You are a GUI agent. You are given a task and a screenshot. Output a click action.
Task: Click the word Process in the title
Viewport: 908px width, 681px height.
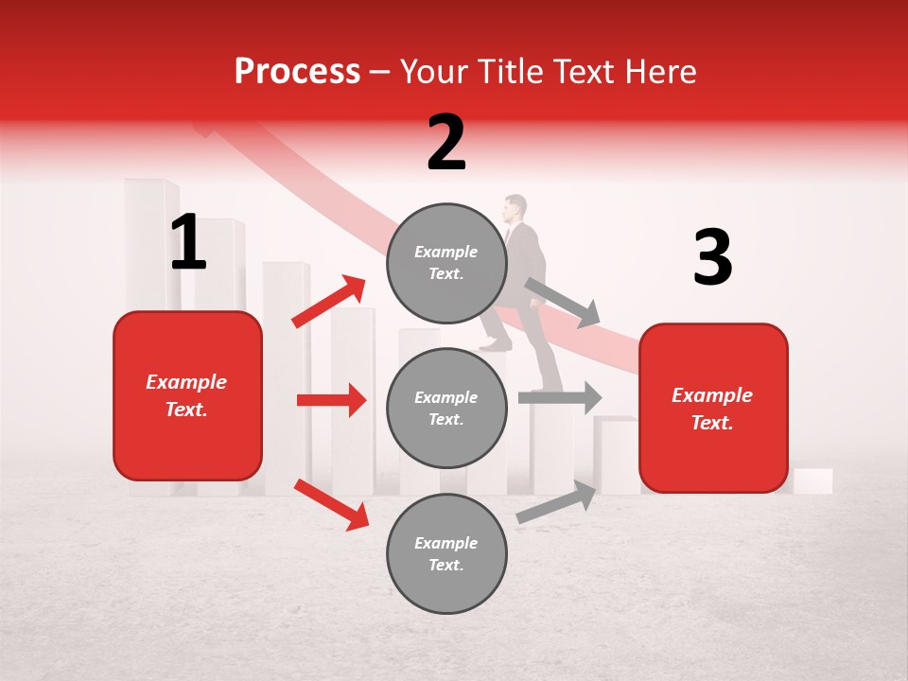click(x=297, y=72)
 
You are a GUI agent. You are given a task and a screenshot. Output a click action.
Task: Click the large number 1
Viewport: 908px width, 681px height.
click(x=189, y=243)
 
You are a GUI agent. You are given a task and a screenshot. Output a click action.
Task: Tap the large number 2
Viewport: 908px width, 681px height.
click(x=446, y=143)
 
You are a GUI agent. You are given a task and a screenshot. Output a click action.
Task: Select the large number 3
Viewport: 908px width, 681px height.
click(x=712, y=258)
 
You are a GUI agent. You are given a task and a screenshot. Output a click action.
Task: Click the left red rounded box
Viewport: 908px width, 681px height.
click(x=187, y=395)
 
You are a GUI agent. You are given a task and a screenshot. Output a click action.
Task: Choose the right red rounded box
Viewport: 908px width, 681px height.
click(x=713, y=408)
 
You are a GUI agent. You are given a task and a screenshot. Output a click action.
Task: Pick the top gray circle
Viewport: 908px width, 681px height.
click(x=445, y=263)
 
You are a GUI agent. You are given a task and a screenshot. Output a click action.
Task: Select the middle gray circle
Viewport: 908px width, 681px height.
click(x=445, y=408)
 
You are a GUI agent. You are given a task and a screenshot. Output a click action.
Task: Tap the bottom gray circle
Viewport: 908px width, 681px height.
click(x=445, y=553)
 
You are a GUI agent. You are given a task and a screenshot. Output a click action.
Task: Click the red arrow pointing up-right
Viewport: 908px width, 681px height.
click(x=329, y=301)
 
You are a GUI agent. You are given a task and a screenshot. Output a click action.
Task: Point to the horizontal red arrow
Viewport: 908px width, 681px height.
click(x=331, y=400)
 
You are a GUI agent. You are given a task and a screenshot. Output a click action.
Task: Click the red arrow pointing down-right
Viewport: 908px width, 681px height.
click(x=332, y=504)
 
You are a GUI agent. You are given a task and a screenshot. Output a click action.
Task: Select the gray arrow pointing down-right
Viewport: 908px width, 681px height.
click(x=563, y=302)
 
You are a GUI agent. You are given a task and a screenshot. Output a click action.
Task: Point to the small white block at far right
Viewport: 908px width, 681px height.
click(x=812, y=480)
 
